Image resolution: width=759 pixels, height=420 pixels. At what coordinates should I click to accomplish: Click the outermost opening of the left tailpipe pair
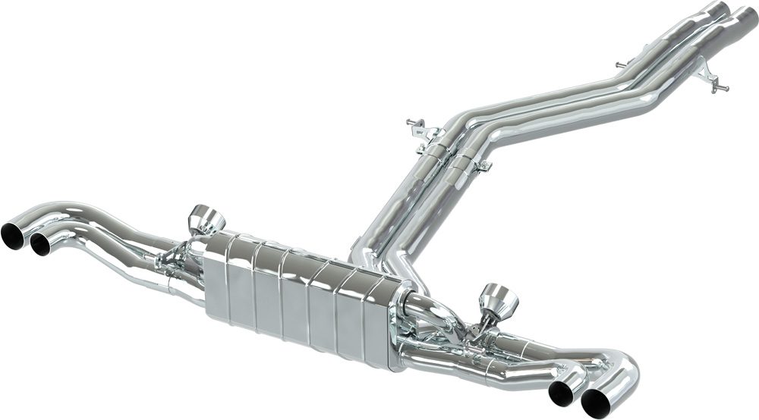coord(13,236)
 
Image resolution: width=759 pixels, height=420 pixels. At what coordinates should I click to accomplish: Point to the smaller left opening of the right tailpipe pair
coord(562,392)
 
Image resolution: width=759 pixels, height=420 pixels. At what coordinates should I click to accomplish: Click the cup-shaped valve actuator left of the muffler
coord(206,220)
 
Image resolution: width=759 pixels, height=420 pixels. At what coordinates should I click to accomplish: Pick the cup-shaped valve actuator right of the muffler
coord(498,299)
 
